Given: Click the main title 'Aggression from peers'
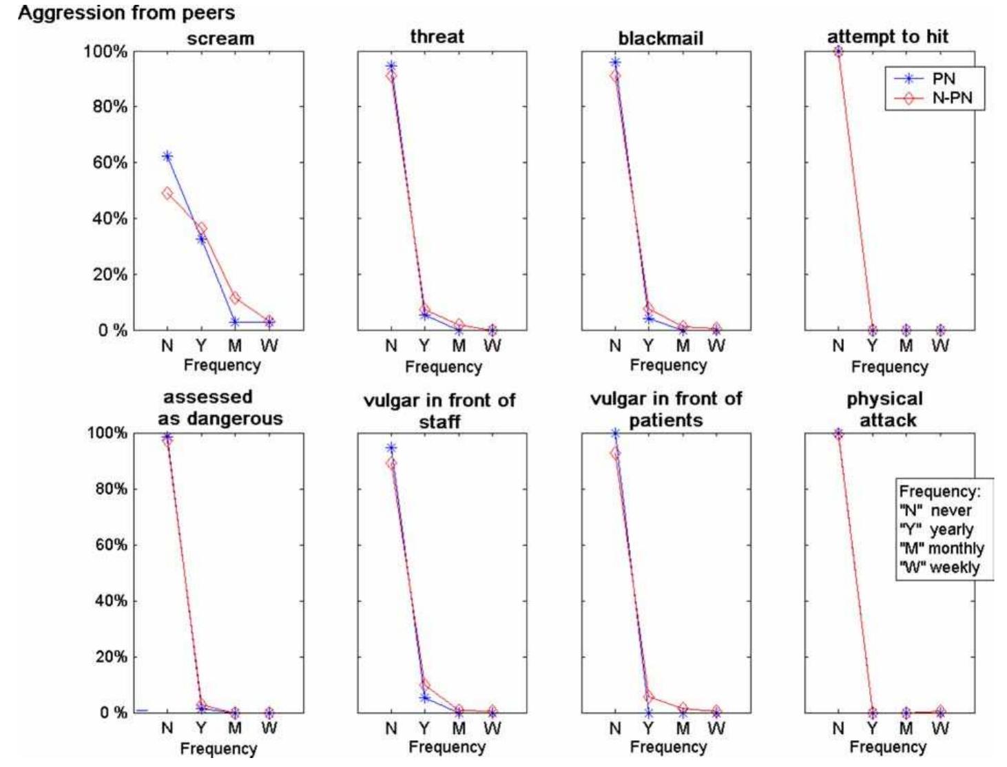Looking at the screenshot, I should coord(126,12).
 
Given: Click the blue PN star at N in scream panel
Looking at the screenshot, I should coord(167,156).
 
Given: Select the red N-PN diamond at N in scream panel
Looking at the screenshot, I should coord(167,193).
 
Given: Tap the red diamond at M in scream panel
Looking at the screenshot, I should coord(235,298).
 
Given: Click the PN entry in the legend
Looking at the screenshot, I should coord(943,78).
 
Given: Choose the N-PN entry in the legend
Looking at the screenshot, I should coord(952,98).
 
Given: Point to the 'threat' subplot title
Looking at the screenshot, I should coord(437,36).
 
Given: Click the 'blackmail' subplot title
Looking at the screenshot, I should coord(661,39).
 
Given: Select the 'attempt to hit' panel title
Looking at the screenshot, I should coord(887,36).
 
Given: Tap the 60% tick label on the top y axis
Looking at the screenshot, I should coord(110,162).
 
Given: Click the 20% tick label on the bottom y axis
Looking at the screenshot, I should coord(110,656).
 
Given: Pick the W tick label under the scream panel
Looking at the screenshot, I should coord(269,346).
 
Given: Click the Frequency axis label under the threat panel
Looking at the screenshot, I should coord(443,367).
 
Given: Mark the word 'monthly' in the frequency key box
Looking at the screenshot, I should coord(956,549).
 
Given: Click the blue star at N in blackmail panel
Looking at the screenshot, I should coord(615,63).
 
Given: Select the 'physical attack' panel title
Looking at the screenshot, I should coord(887,409).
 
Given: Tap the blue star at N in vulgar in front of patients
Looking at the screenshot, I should coord(615,434).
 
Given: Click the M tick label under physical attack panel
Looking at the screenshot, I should coord(906,728).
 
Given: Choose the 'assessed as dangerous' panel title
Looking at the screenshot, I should coord(219,408).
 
